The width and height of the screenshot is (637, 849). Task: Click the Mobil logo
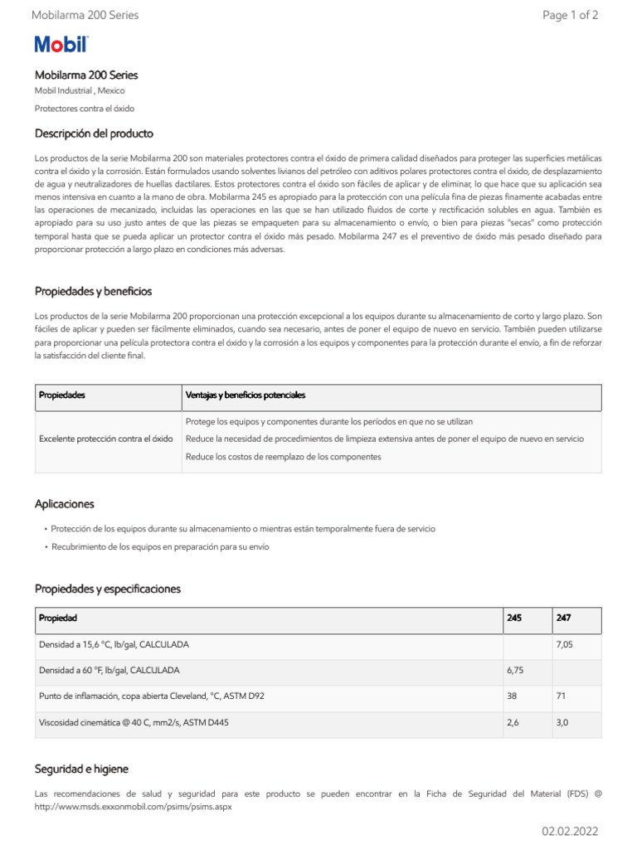coord(61,45)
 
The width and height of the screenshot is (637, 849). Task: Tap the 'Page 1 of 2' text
coord(570,15)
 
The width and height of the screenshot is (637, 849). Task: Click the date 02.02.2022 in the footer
coord(570,831)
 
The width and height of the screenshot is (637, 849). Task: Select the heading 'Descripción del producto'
coord(94,133)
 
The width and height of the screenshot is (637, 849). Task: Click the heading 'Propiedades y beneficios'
coord(93,291)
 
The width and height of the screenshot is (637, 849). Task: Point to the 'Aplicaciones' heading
coord(64,504)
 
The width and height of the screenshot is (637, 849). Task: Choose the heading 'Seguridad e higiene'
coord(81,769)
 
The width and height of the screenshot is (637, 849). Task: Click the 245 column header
coord(514,619)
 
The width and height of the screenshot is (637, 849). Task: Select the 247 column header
coord(563,619)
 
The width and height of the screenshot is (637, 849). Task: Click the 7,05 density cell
coord(564,644)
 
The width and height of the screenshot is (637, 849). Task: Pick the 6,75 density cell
coord(516,670)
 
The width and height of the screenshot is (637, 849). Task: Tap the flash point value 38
coord(513,696)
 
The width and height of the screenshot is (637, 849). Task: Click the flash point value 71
coord(561,696)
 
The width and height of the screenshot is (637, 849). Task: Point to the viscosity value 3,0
coord(562,723)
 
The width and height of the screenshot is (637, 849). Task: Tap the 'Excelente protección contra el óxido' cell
coord(106,439)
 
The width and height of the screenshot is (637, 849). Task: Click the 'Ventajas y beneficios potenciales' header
coord(246,395)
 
